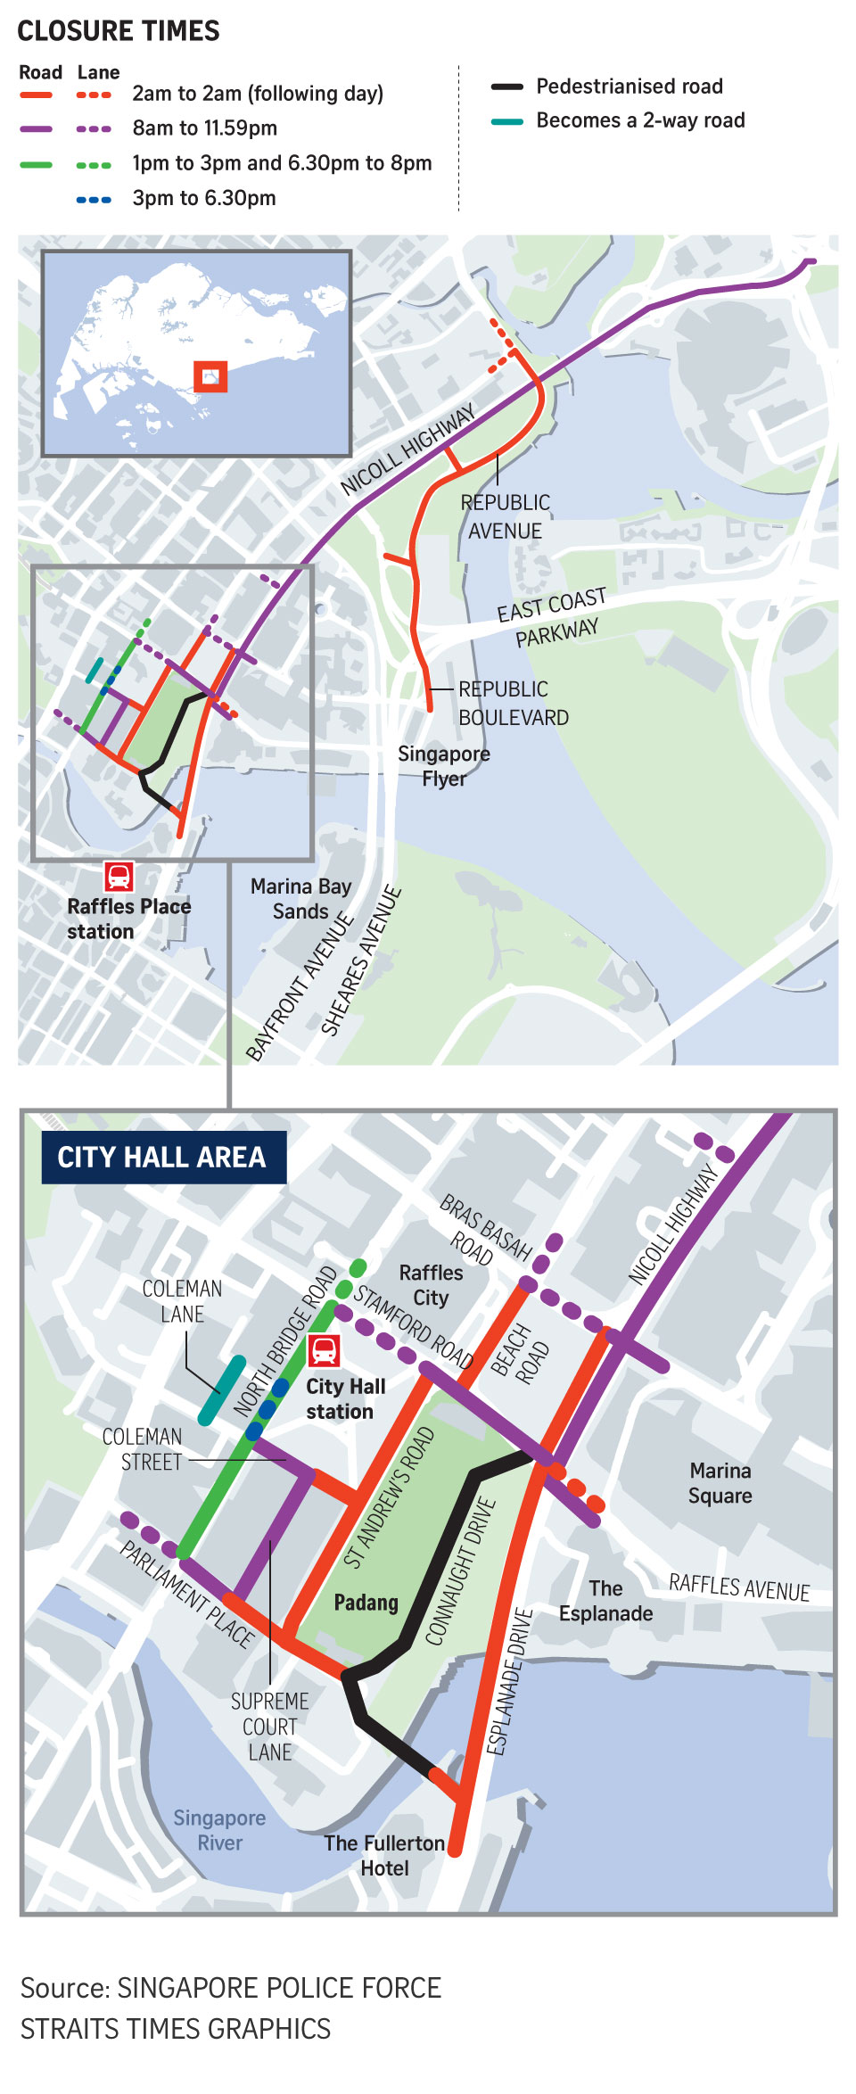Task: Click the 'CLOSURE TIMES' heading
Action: tap(119, 31)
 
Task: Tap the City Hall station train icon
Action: tap(324, 1350)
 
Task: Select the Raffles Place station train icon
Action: tap(119, 877)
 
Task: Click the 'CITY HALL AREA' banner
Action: tap(163, 1158)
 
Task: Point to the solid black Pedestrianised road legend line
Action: tap(507, 87)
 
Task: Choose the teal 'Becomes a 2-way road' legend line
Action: tap(507, 121)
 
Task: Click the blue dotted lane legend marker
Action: tap(94, 200)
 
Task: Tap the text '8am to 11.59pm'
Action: tap(204, 128)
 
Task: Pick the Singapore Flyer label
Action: tap(444, 766)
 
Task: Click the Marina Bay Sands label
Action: tap(300, 898)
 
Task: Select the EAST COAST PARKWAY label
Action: tap(553, 618)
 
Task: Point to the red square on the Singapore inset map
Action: tap(210, 376)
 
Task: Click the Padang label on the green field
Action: tap(366, 1603)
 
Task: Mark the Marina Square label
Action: tap(720, 1483)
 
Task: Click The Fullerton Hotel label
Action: tap(384, 1855)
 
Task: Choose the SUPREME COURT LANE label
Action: tap(269, 1727)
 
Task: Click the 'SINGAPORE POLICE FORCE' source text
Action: tap(279, 1988)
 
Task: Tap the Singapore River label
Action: tap(219, 1830)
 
